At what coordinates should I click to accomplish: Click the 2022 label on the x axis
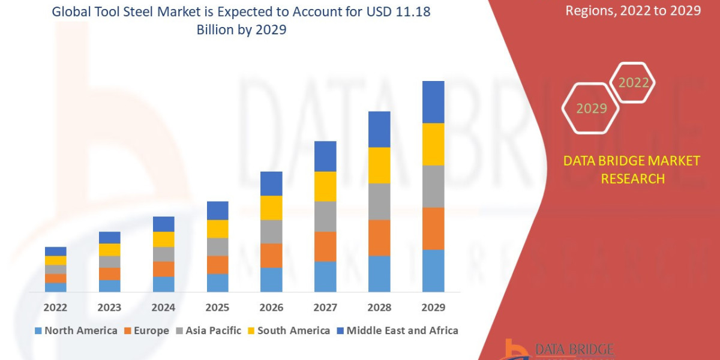(55, 308)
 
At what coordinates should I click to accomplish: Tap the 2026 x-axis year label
(271, 308)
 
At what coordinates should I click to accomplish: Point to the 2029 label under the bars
(433, 308)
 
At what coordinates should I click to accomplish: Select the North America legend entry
(76, 331)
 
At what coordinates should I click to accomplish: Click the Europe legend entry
(146, 331)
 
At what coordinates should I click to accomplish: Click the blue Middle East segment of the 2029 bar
(433, 102)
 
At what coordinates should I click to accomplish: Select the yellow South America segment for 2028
(379, 165)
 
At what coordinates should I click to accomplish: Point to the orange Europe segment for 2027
(325, 247)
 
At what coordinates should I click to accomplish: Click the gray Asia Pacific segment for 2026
(271, 232)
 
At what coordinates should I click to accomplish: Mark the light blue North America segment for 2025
(217, 283)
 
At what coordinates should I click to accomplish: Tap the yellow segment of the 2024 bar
(163, 239)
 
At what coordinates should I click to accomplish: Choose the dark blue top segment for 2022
(55, 251)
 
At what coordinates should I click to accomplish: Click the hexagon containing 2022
(632, 83)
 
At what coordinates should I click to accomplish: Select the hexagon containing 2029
(591, 109)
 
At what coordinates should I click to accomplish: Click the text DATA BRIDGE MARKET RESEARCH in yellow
(632, 169)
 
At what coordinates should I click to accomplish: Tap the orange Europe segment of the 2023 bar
(109, 274)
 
